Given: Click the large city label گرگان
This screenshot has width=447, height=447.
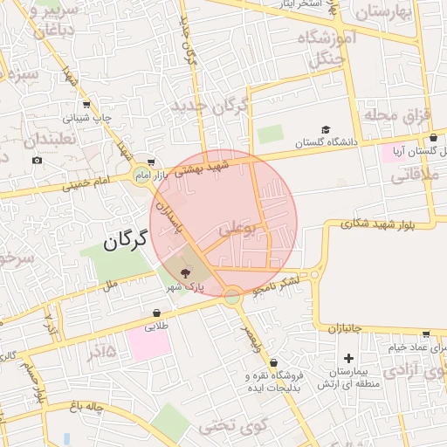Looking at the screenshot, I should point(134,241).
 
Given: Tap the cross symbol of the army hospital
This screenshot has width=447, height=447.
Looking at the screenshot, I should point(349,358).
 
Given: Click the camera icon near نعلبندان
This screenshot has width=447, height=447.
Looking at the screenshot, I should point(37,160).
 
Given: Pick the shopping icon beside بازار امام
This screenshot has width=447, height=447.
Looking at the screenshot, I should point(152,162).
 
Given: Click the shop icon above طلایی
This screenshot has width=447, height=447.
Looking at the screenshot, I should point(156,313).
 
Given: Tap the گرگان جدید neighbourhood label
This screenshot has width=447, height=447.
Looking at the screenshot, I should point(210,108).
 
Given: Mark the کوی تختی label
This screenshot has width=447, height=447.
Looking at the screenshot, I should point(223,426).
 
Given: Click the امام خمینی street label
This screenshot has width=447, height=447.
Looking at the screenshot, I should point(91,182).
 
